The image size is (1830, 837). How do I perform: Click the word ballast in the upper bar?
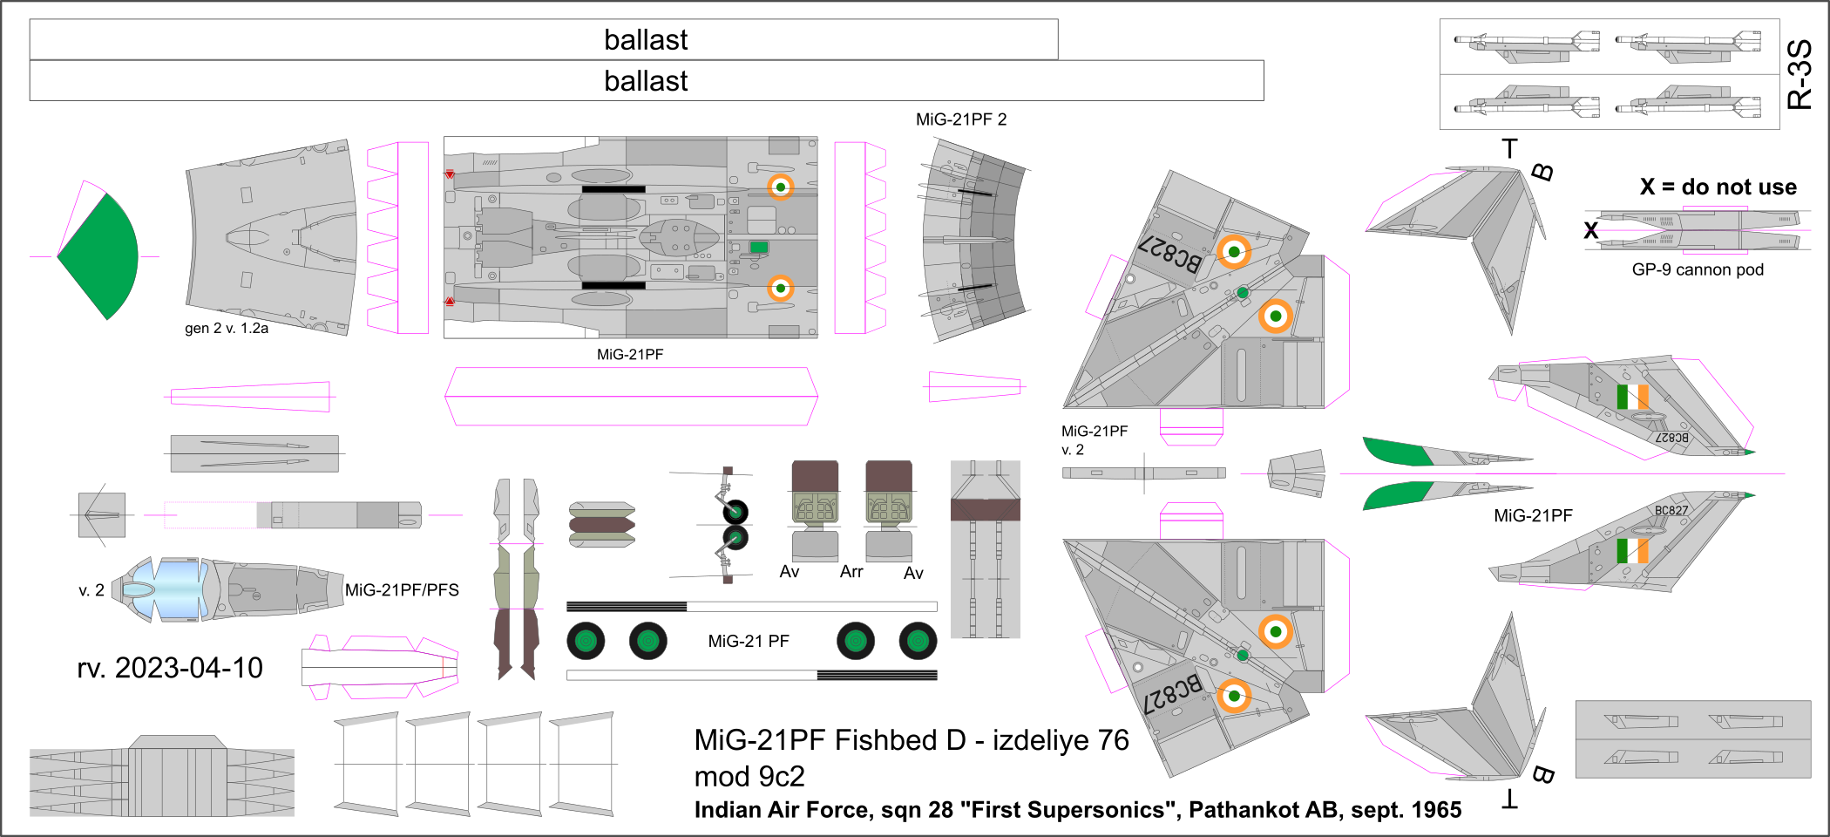[x=646, y=40]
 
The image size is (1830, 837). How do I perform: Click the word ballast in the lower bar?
[x=646, y=81]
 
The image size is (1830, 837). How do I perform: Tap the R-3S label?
[x=1799, y=74]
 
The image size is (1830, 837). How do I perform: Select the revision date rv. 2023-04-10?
[x=170, y=668]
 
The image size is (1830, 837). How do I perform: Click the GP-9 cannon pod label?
[x=1698, y=270]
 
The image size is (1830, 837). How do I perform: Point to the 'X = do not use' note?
[x=1718, y=187]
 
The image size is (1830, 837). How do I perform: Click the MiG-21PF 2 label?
[x=961, y=119]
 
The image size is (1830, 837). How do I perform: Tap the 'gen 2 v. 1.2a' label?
[x=227, y=329]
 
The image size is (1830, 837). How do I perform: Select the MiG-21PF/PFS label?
[x=402, y=590]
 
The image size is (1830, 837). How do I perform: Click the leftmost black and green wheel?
[x=586, y=642]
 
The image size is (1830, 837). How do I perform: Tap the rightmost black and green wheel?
[x=918, y=642]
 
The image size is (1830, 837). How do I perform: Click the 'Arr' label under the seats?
[x=851, y=572]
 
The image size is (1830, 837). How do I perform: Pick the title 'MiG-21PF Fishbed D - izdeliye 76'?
[x=911, y=740]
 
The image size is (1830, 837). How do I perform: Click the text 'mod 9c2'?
[x=749, y=776]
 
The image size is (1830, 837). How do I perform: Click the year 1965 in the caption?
[x=1436, y=810]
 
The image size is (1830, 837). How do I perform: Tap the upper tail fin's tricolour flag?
[x=1632, y=397]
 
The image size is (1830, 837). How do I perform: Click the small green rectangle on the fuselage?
[x=759, y=248]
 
